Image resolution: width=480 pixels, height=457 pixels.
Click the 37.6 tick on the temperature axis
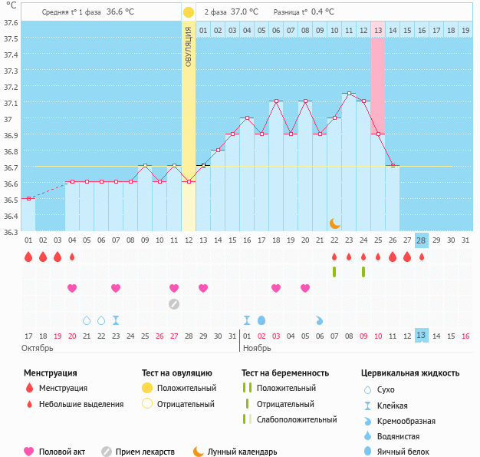[x=11, y=22]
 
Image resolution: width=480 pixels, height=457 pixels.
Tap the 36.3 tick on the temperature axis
[x=11, y=231]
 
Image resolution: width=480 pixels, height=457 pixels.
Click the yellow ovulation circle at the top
[x=189, y=12]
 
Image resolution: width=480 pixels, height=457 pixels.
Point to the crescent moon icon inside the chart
[x=334, y=223]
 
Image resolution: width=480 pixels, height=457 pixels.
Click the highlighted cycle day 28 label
[x=421, y=240]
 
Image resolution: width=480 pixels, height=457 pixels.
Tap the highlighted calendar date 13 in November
[x=421, y=336]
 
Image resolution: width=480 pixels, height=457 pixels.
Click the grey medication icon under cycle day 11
[x=174, y=303]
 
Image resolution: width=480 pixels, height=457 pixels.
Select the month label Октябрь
[x=38, y=348]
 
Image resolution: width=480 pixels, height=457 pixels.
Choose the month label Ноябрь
[x=257, y=348]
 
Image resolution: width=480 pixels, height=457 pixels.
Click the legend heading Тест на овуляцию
[x=177, y=373]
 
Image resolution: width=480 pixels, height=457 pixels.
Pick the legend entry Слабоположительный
[x=297, y=419]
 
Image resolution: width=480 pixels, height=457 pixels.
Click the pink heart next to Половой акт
[x=30, y=452]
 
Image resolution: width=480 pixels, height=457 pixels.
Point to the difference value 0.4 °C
[x=323, y=12]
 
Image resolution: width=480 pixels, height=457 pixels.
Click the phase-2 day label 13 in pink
[x=378, y=30]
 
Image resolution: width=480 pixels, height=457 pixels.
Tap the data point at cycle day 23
[x=349, y=94]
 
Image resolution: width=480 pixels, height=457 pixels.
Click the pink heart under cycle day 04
[x=72, y=288]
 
